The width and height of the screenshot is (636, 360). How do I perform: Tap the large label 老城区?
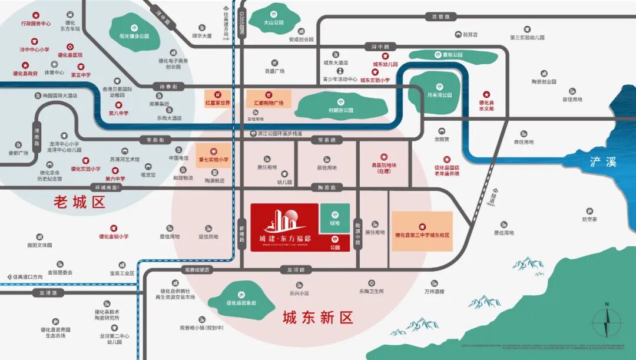click(79, 203)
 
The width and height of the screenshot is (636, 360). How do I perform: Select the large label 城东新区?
click(317, 318)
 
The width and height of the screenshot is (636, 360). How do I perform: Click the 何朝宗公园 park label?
click(340, 107)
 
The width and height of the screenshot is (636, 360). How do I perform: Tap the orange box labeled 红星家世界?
click(217, 99)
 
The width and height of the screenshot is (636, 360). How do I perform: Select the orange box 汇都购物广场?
click(269, 99)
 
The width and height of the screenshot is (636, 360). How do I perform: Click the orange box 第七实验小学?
click(213, 155)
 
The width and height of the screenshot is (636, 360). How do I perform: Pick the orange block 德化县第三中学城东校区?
click(422, 232)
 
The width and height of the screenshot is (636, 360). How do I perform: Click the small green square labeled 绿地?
click(335, 219)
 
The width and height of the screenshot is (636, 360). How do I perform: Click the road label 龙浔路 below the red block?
click(296, 269)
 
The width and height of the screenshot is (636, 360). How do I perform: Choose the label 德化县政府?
click(25, 74)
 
